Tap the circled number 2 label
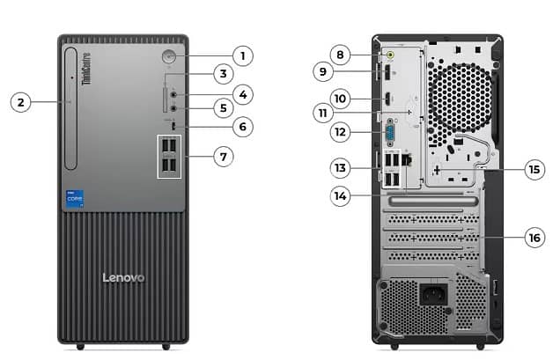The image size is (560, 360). click(x=22, y=102)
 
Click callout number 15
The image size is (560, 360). click(x=534, y=169)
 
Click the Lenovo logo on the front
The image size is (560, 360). click(x=122, y=277)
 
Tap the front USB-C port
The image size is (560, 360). click(x=175, y=127)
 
